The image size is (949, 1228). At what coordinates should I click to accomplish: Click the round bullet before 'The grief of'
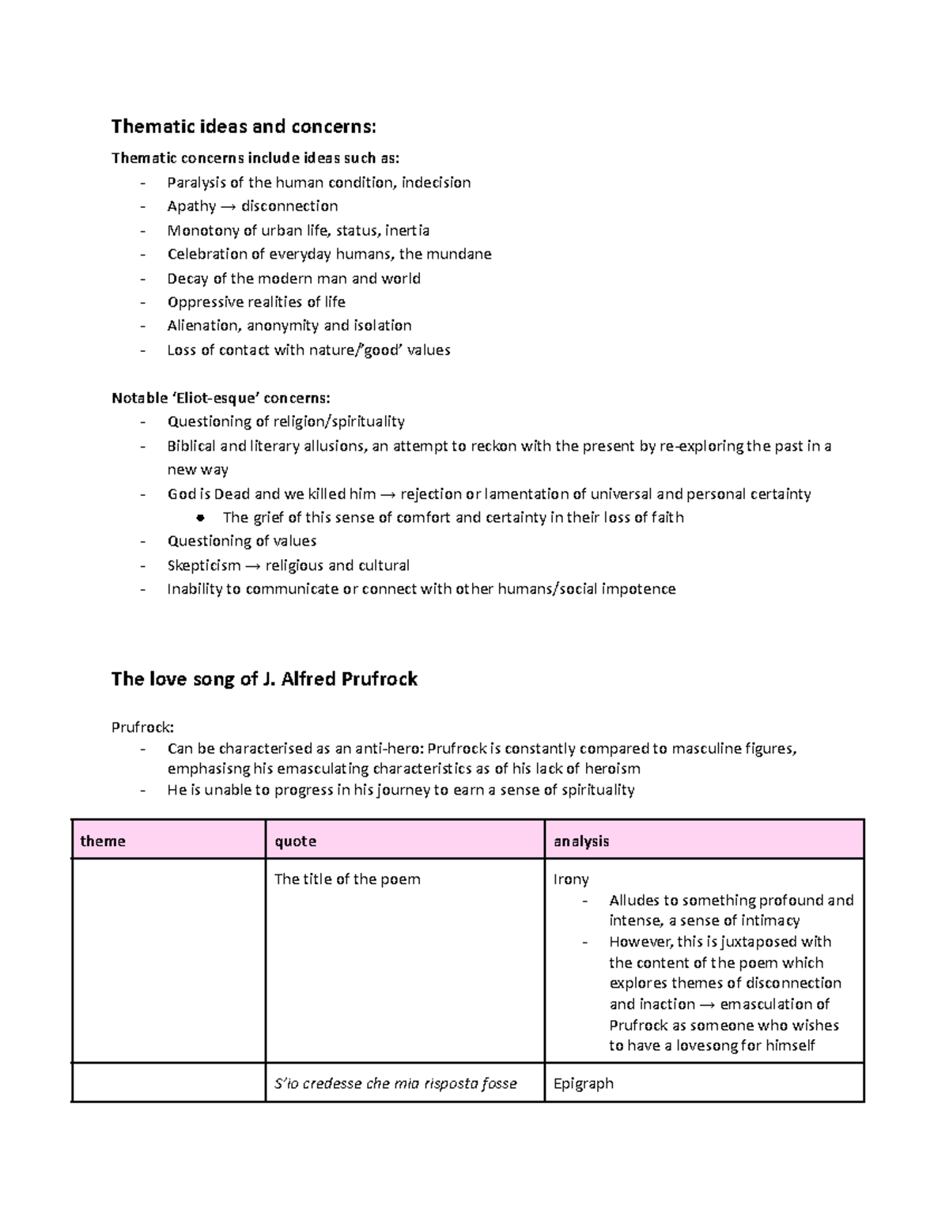200,518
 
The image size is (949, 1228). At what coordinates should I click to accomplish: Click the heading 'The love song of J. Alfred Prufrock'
264,679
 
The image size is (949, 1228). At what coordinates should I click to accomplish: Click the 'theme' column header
103,841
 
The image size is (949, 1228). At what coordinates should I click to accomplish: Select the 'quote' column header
295,841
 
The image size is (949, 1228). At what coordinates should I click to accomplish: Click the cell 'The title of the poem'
347,879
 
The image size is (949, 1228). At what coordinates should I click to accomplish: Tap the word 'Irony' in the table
571,879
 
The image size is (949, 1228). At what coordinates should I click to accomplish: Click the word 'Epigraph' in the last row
584,1083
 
